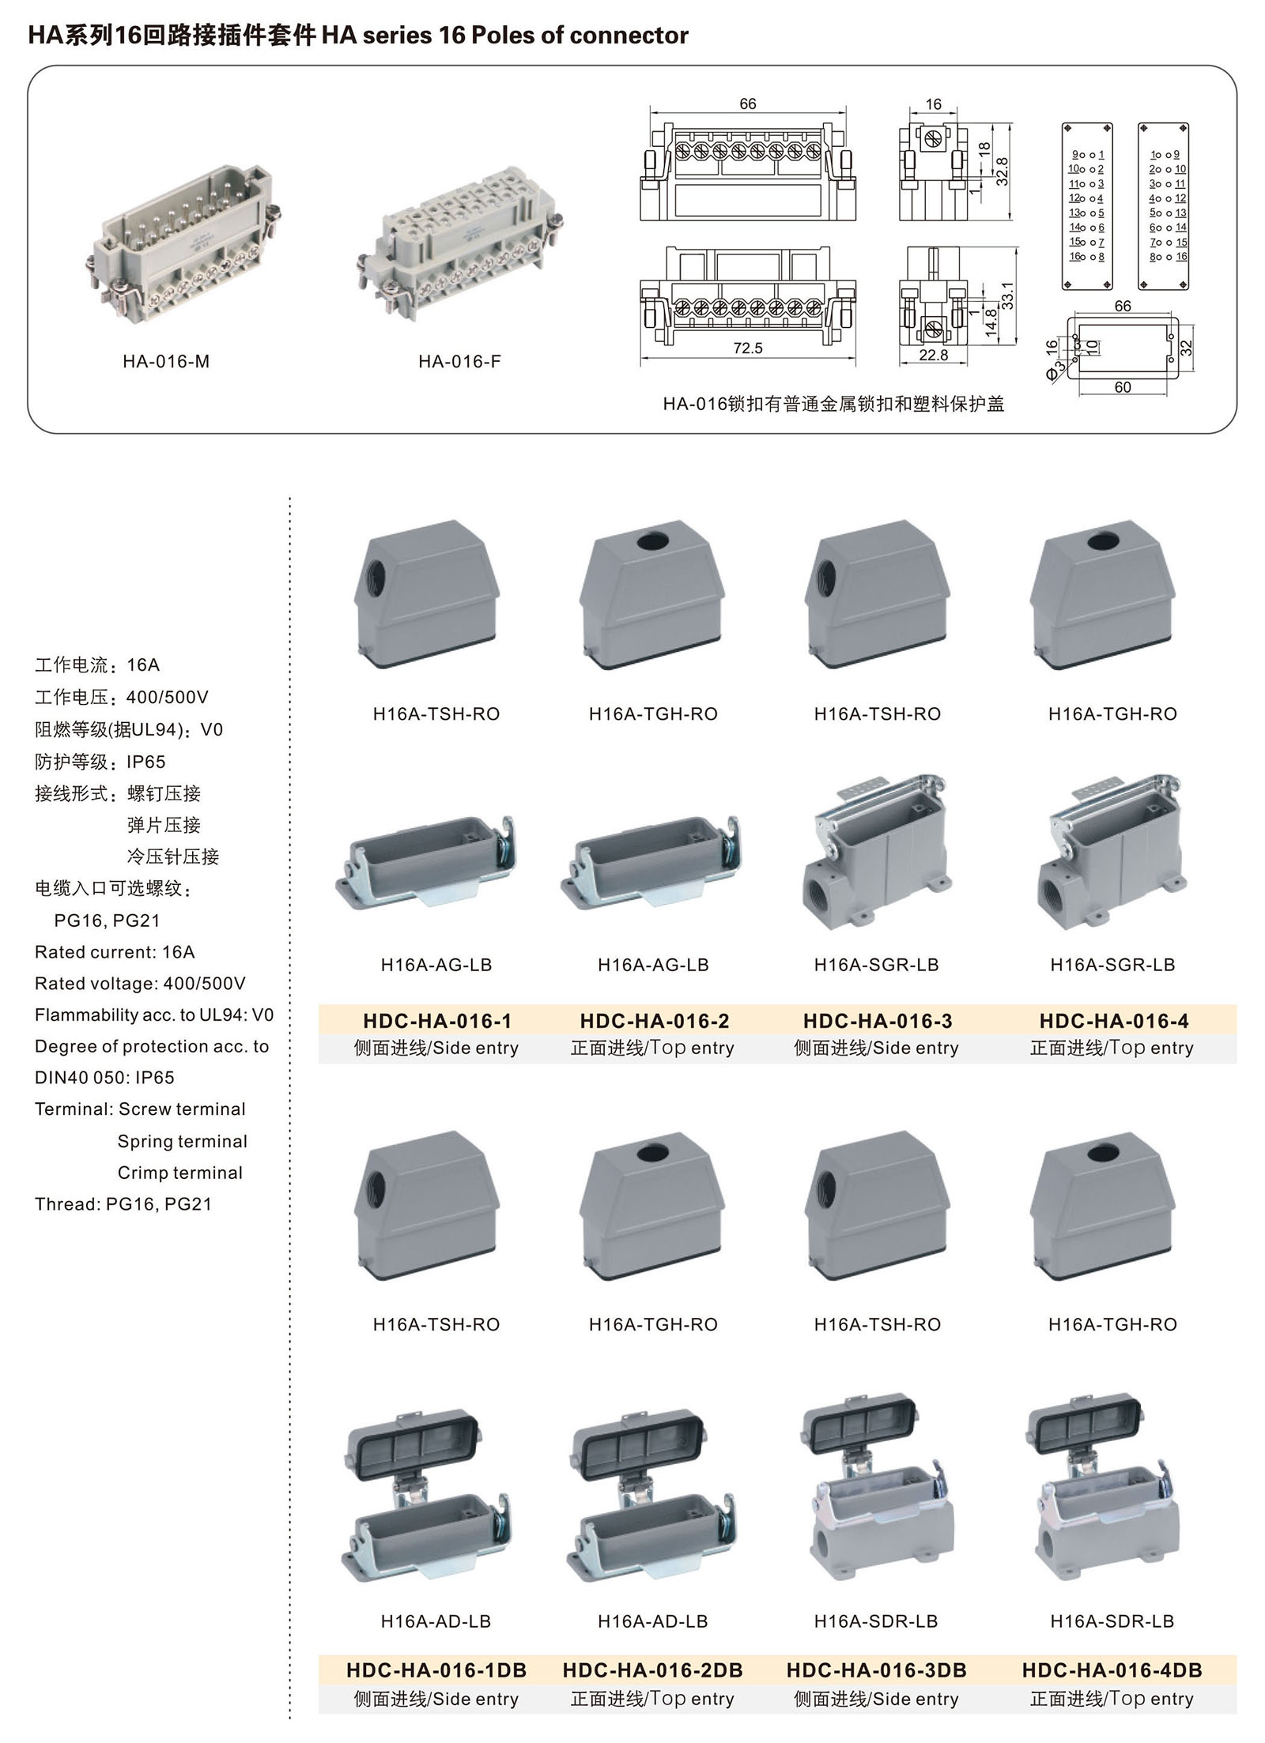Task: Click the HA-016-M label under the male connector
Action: coord(166,362)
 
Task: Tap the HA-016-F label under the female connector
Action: coord(459,362)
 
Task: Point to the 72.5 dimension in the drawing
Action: coord(747,348)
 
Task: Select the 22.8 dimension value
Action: coord(933,356)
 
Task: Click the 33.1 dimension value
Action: coord(1007,296)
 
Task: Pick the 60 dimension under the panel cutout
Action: coord(1122,387)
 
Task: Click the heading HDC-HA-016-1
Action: coord(437,1021)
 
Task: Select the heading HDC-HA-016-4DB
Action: coord(1112,1670)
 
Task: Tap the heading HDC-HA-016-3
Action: coord(878,1021)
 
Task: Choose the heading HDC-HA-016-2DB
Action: coord(652,1670)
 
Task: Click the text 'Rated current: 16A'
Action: coord(115,952)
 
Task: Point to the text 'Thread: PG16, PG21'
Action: coord(123,1204)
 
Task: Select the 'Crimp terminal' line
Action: coord(180,1173)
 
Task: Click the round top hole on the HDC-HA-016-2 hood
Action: coord(653,542)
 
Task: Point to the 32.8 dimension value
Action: coord(1002,171)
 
